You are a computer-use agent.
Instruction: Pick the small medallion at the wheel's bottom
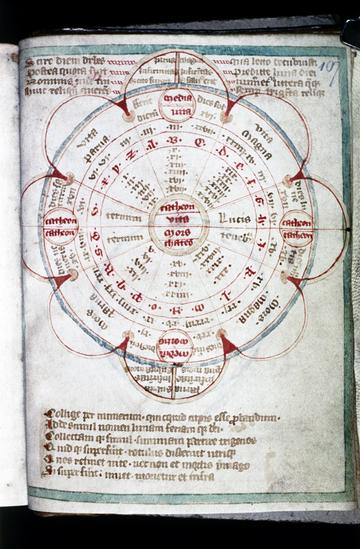tap(176, 348)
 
